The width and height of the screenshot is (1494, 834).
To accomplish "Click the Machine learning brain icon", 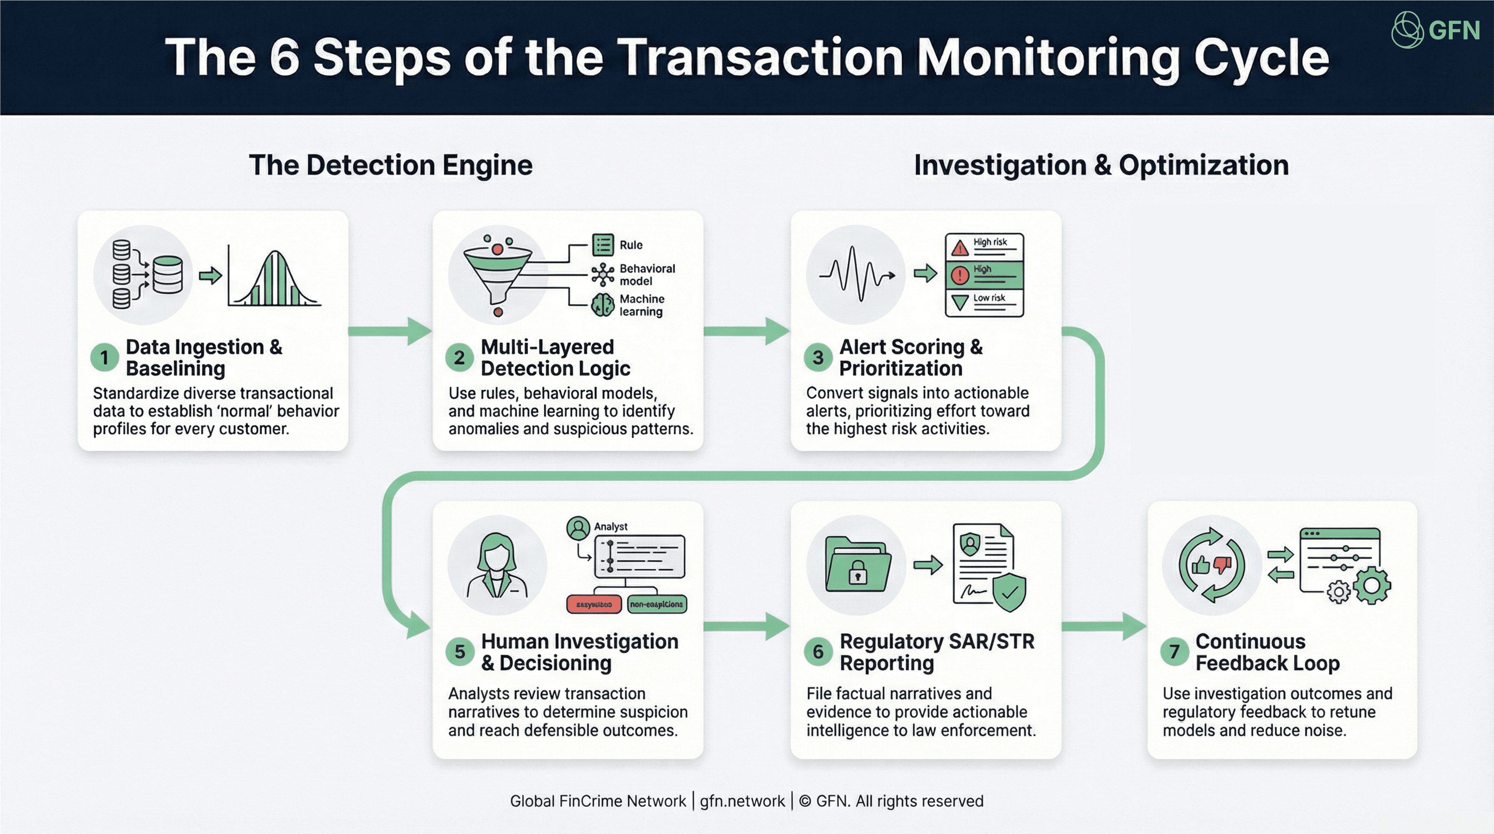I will (603, 305).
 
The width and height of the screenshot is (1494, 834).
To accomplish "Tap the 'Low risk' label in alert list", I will (989, 298).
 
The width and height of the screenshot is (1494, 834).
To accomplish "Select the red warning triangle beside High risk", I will (960, 248).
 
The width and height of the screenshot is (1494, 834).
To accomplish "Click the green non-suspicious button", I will (656, 604).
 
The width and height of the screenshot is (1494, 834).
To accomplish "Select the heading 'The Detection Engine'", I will (390, 165).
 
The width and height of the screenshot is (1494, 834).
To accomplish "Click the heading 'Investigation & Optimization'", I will (1101, 165).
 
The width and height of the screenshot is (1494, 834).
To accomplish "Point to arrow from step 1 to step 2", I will (390, 331).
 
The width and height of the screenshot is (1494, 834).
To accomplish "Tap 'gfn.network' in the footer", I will (742, 801).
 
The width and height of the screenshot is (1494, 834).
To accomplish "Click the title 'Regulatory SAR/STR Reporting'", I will (936, 652).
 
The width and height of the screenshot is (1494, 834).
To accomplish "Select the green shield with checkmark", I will (1009, 593).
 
